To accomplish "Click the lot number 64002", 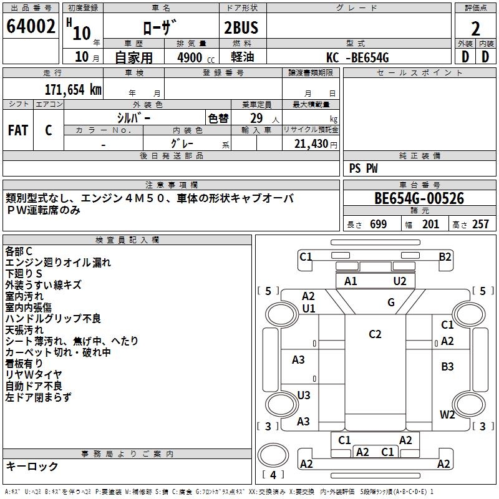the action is click(31, 27).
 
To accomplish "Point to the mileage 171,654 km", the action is click(73, 89).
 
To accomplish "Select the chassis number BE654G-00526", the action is click(419, 199).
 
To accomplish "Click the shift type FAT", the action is click(18, 130).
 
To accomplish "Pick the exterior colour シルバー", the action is click(133, 119).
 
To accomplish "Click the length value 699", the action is click(378, 225).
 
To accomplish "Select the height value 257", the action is click(480, 225).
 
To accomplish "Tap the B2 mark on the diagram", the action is click(445, 256).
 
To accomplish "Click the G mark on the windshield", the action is click(391, 303).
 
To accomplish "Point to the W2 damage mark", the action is click(447, 414).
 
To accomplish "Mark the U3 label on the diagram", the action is click(304, 395).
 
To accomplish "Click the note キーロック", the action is click(32, 467).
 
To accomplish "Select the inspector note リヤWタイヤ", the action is click(34, 374).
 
